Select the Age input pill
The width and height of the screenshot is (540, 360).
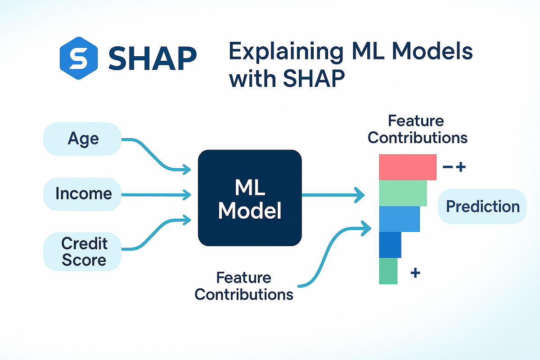(83, 139)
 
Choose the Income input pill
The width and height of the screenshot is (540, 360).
(83, 194)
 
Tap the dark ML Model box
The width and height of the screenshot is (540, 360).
(250, 198)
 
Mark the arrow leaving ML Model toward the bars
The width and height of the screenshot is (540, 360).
(333, 195)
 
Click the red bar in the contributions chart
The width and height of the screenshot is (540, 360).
(408, 167)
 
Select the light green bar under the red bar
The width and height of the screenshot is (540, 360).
(403, 193)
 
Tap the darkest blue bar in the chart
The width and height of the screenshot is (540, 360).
(390, 245)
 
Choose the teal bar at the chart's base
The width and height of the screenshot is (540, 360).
(388, 271)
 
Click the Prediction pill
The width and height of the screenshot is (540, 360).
(482, 207)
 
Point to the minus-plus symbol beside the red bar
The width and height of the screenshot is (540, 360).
(454, 167)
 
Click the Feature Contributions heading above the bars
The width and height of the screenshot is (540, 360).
(417, 129)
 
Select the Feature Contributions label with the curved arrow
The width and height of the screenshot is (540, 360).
(244, 286)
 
